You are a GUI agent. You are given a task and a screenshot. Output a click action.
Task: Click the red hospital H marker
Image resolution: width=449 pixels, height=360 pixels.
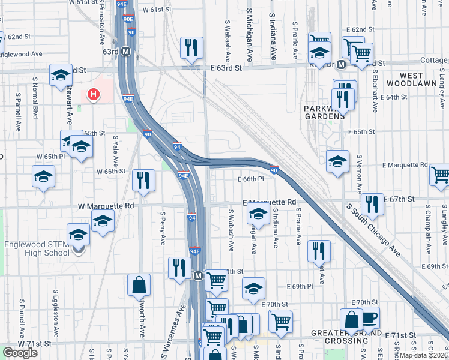click(93, 94)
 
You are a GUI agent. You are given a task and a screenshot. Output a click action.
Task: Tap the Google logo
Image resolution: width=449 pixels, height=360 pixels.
click(20, 353)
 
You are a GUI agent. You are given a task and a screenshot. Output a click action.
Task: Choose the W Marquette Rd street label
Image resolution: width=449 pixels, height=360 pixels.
click(106, 205)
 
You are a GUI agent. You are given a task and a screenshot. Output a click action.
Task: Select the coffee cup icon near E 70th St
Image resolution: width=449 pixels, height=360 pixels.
click(369, 317)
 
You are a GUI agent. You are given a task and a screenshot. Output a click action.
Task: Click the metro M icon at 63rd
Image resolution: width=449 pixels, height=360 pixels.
click(126, 52)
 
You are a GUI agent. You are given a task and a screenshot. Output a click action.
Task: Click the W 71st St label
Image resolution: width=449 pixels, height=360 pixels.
click(34, 344)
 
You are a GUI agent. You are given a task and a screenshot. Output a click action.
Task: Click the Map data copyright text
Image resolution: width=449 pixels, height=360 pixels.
click(424, 355)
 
